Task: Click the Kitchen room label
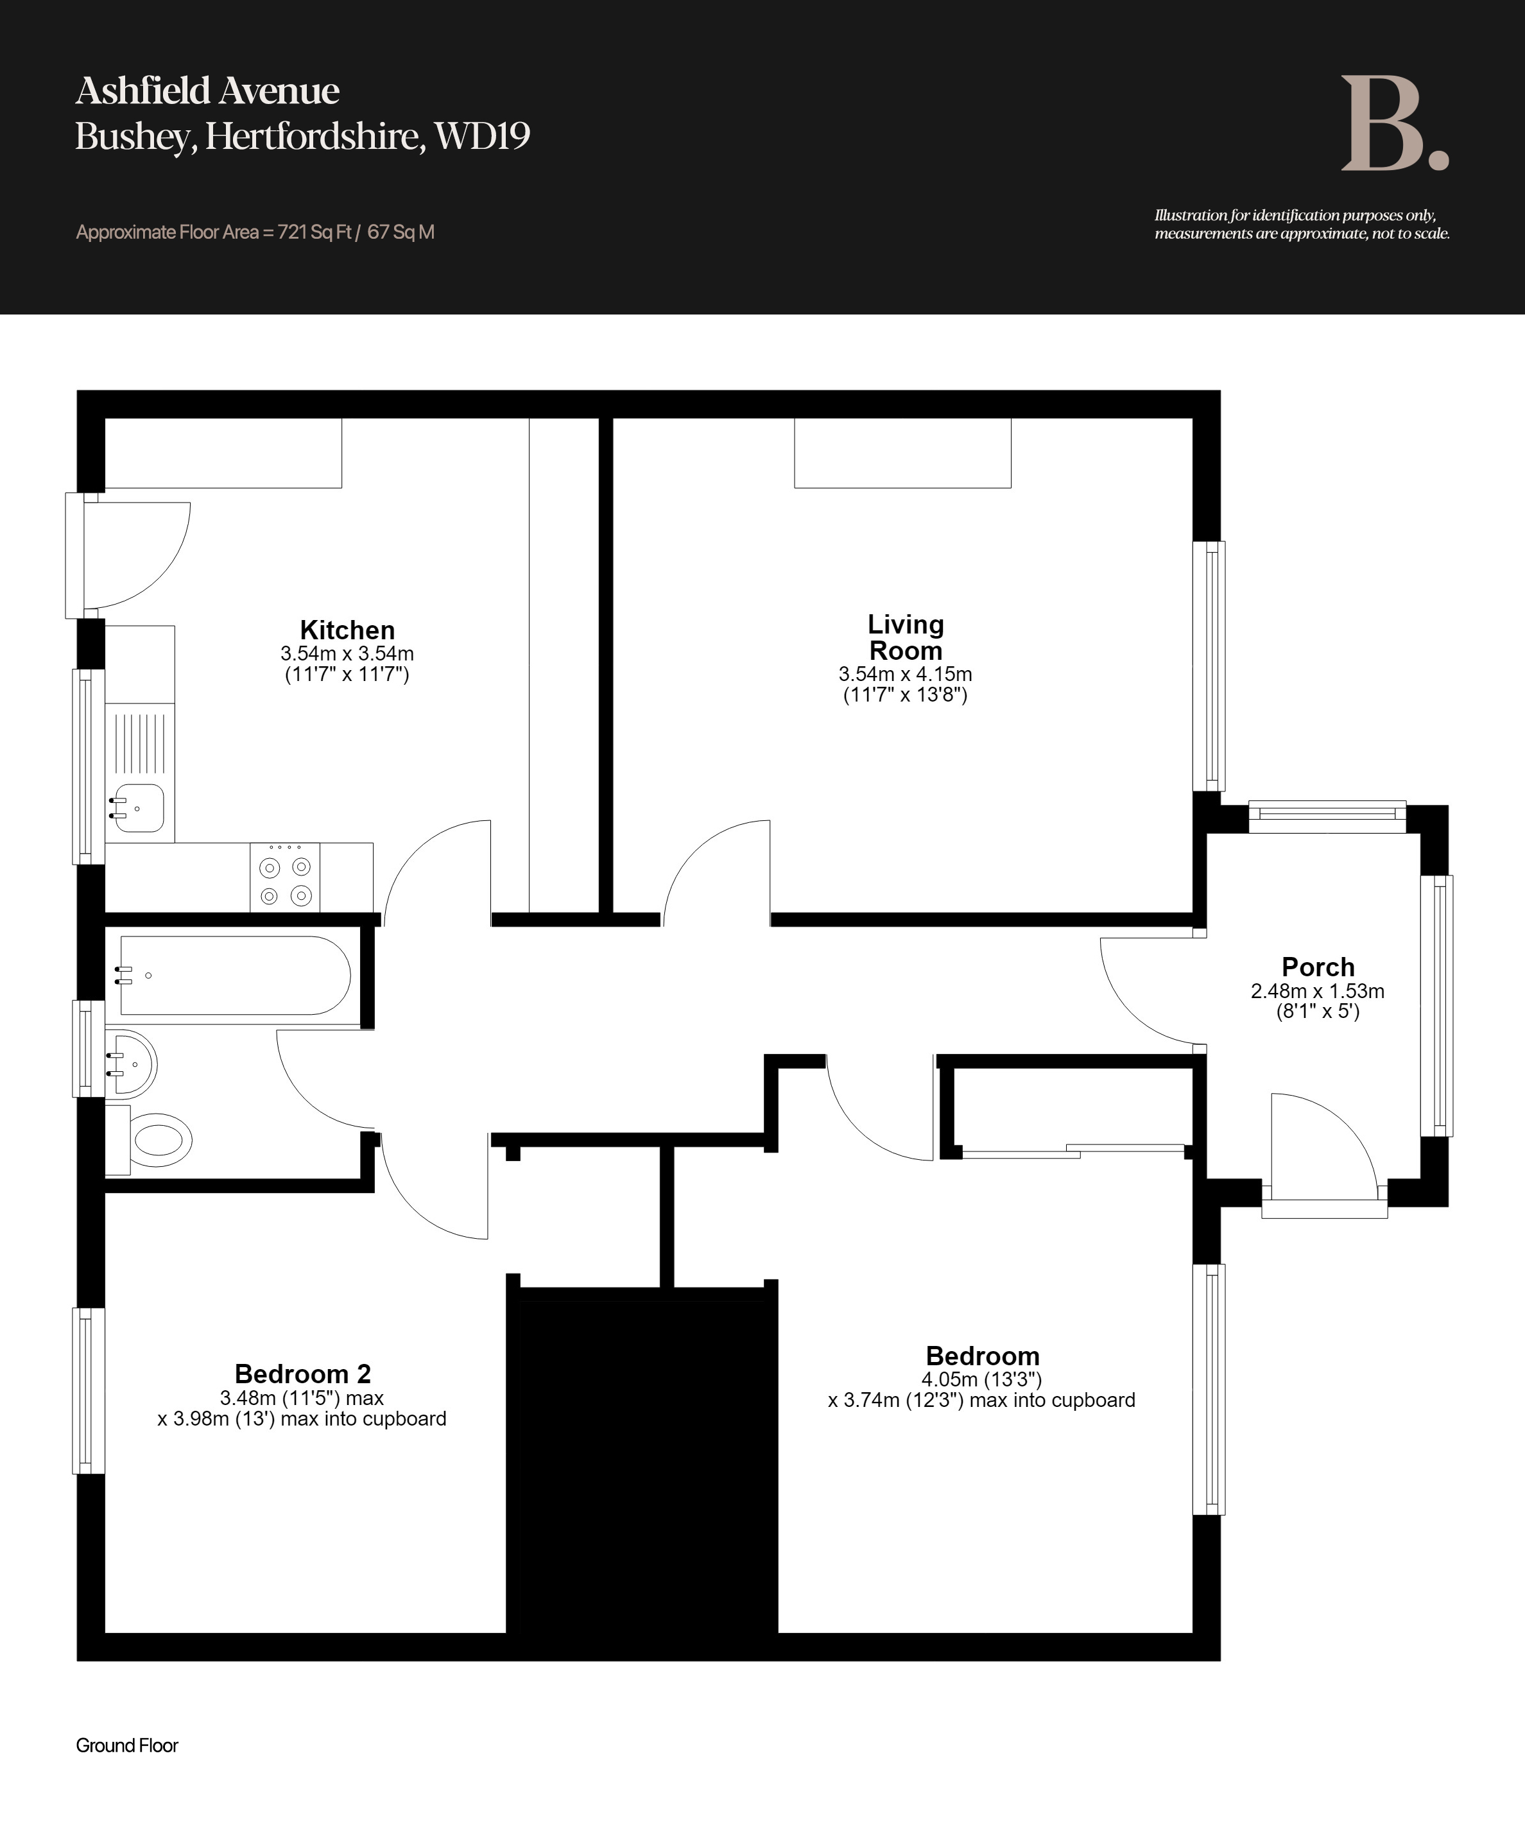tap(347, 630)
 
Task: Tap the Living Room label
tap(905, 637)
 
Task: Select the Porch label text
tap(1318, 967)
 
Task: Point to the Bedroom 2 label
tap(303, 1374)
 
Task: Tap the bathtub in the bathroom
tap(235, 976)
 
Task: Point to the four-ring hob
tap(284, 878)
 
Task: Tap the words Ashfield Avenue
tap(207, 91)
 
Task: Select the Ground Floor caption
tap(127, 1745)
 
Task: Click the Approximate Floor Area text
tap(255, 232)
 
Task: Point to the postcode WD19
tap(482, 136)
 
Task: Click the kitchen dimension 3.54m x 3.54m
tap(347, 653)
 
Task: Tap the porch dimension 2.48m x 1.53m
tap(1318, 990)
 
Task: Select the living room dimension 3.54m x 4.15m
tap(905, 674)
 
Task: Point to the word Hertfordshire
tap(315, 137)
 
